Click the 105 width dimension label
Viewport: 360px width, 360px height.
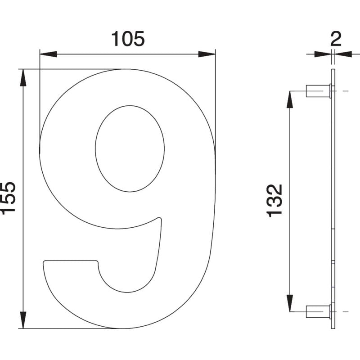point(128,39)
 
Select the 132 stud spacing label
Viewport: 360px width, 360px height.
point(274,201)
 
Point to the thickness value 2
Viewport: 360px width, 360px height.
point(336,39)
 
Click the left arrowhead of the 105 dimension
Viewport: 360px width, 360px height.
point(48,54)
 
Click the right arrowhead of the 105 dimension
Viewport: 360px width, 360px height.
point(207,54)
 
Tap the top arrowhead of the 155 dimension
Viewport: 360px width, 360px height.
point(23,77)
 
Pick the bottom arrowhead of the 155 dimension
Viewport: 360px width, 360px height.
point(23,320)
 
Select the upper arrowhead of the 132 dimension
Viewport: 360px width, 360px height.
point(290,99)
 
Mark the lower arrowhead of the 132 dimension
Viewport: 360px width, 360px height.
point(290,303)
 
